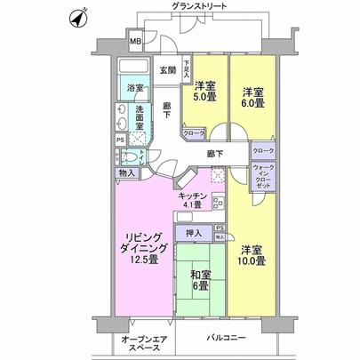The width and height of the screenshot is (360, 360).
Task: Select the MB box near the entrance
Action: click(136, 42)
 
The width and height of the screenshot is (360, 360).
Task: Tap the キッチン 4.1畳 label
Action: click(193, 201)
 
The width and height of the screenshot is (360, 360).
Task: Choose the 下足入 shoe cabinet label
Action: click(186, 69)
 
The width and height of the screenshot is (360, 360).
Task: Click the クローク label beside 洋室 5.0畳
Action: click(193, 133)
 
